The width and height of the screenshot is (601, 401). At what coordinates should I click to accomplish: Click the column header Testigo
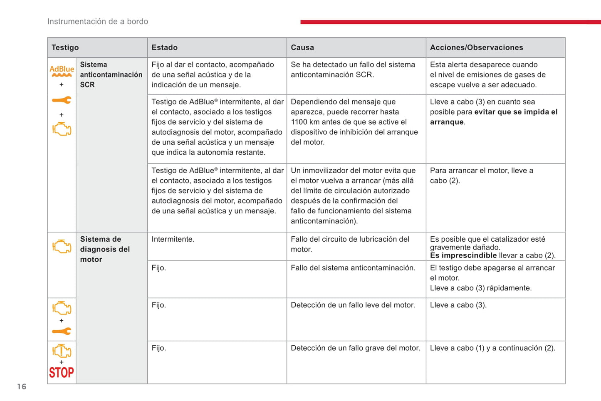click(65, 47)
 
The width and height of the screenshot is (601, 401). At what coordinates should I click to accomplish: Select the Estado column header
click(164, 47)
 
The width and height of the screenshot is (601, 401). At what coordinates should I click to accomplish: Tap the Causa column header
click(302, 47)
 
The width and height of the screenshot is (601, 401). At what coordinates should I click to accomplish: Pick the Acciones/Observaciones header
click(476, 47)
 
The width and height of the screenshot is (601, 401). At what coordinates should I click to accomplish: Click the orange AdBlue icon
click(62, 71)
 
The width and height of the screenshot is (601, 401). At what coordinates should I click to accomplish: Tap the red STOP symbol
click(62, 372)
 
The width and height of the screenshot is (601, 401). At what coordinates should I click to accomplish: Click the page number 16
click(22, 387)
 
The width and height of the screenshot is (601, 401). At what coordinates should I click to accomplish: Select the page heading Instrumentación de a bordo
click(98, 22)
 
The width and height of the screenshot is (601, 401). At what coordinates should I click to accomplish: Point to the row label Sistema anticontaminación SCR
click(111, 75)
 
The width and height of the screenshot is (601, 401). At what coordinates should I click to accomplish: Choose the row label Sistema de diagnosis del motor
click(105, 249)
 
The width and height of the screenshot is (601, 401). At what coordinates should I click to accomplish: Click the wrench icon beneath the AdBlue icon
click(62, 100)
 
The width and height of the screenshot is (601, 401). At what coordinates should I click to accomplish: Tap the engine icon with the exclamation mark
click(62, 351)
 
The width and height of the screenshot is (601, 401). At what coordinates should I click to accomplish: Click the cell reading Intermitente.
click(173, 239)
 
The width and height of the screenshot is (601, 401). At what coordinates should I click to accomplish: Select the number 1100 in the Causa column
click(299, 122)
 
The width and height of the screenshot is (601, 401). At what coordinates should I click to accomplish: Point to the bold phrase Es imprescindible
click(463, 255)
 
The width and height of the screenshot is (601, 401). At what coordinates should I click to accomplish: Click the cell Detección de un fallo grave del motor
click(355, 348)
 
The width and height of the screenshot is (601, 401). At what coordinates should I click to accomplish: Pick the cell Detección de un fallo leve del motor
click(353, 305)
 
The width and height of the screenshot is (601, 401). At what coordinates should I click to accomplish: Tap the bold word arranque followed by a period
click(447, 122)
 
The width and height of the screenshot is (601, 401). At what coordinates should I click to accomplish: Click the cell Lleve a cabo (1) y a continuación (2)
click(492, 348)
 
